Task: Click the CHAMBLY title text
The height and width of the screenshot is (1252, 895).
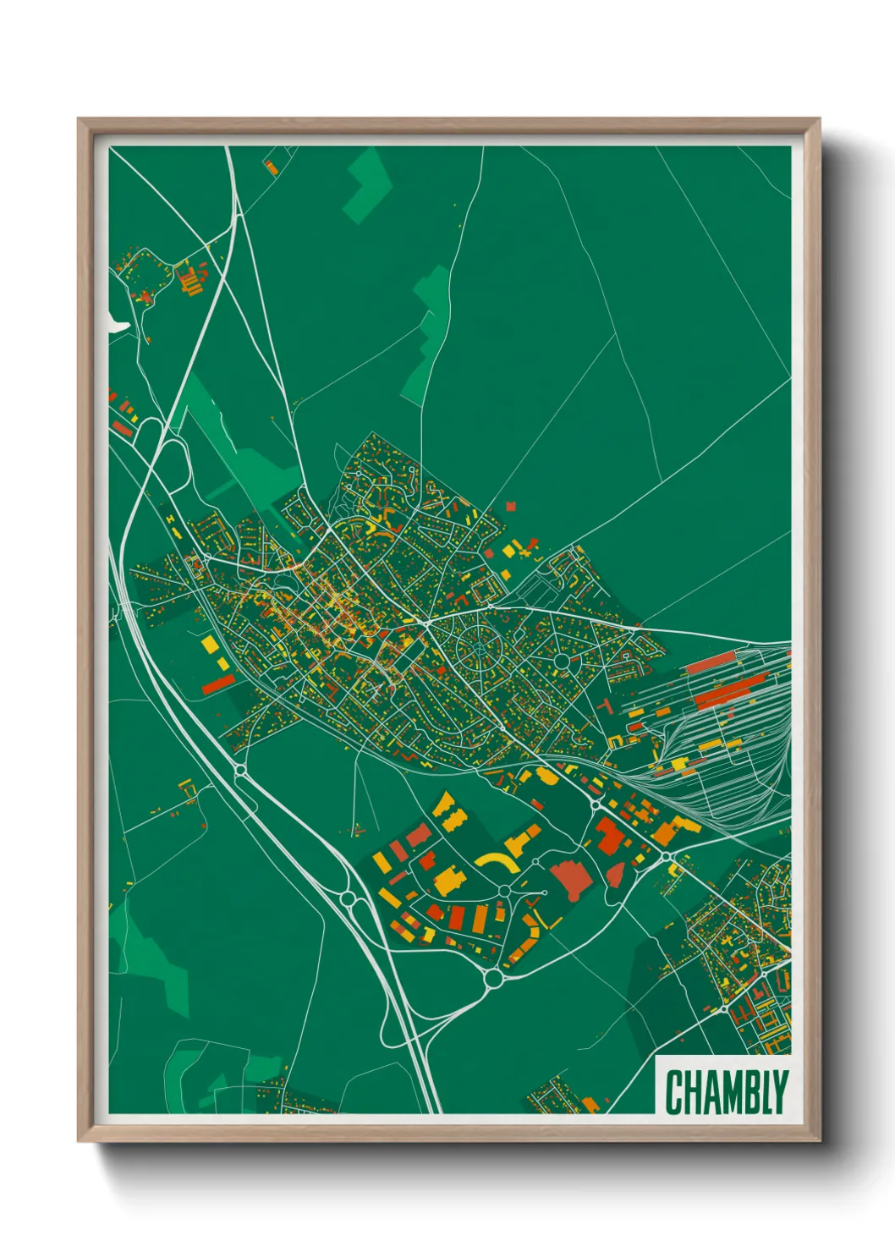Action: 726,1092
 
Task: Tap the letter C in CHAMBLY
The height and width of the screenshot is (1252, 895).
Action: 675,1092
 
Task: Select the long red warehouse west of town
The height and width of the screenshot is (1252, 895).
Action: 217,684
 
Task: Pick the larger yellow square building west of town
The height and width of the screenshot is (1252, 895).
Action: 209,645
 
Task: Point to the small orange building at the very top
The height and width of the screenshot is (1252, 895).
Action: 271,167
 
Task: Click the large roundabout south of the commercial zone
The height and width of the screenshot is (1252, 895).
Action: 493,979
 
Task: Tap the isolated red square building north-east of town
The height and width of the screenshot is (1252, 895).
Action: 510,506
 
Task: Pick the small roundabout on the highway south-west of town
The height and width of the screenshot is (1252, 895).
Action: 239,770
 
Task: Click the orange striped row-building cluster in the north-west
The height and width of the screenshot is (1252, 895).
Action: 191,283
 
